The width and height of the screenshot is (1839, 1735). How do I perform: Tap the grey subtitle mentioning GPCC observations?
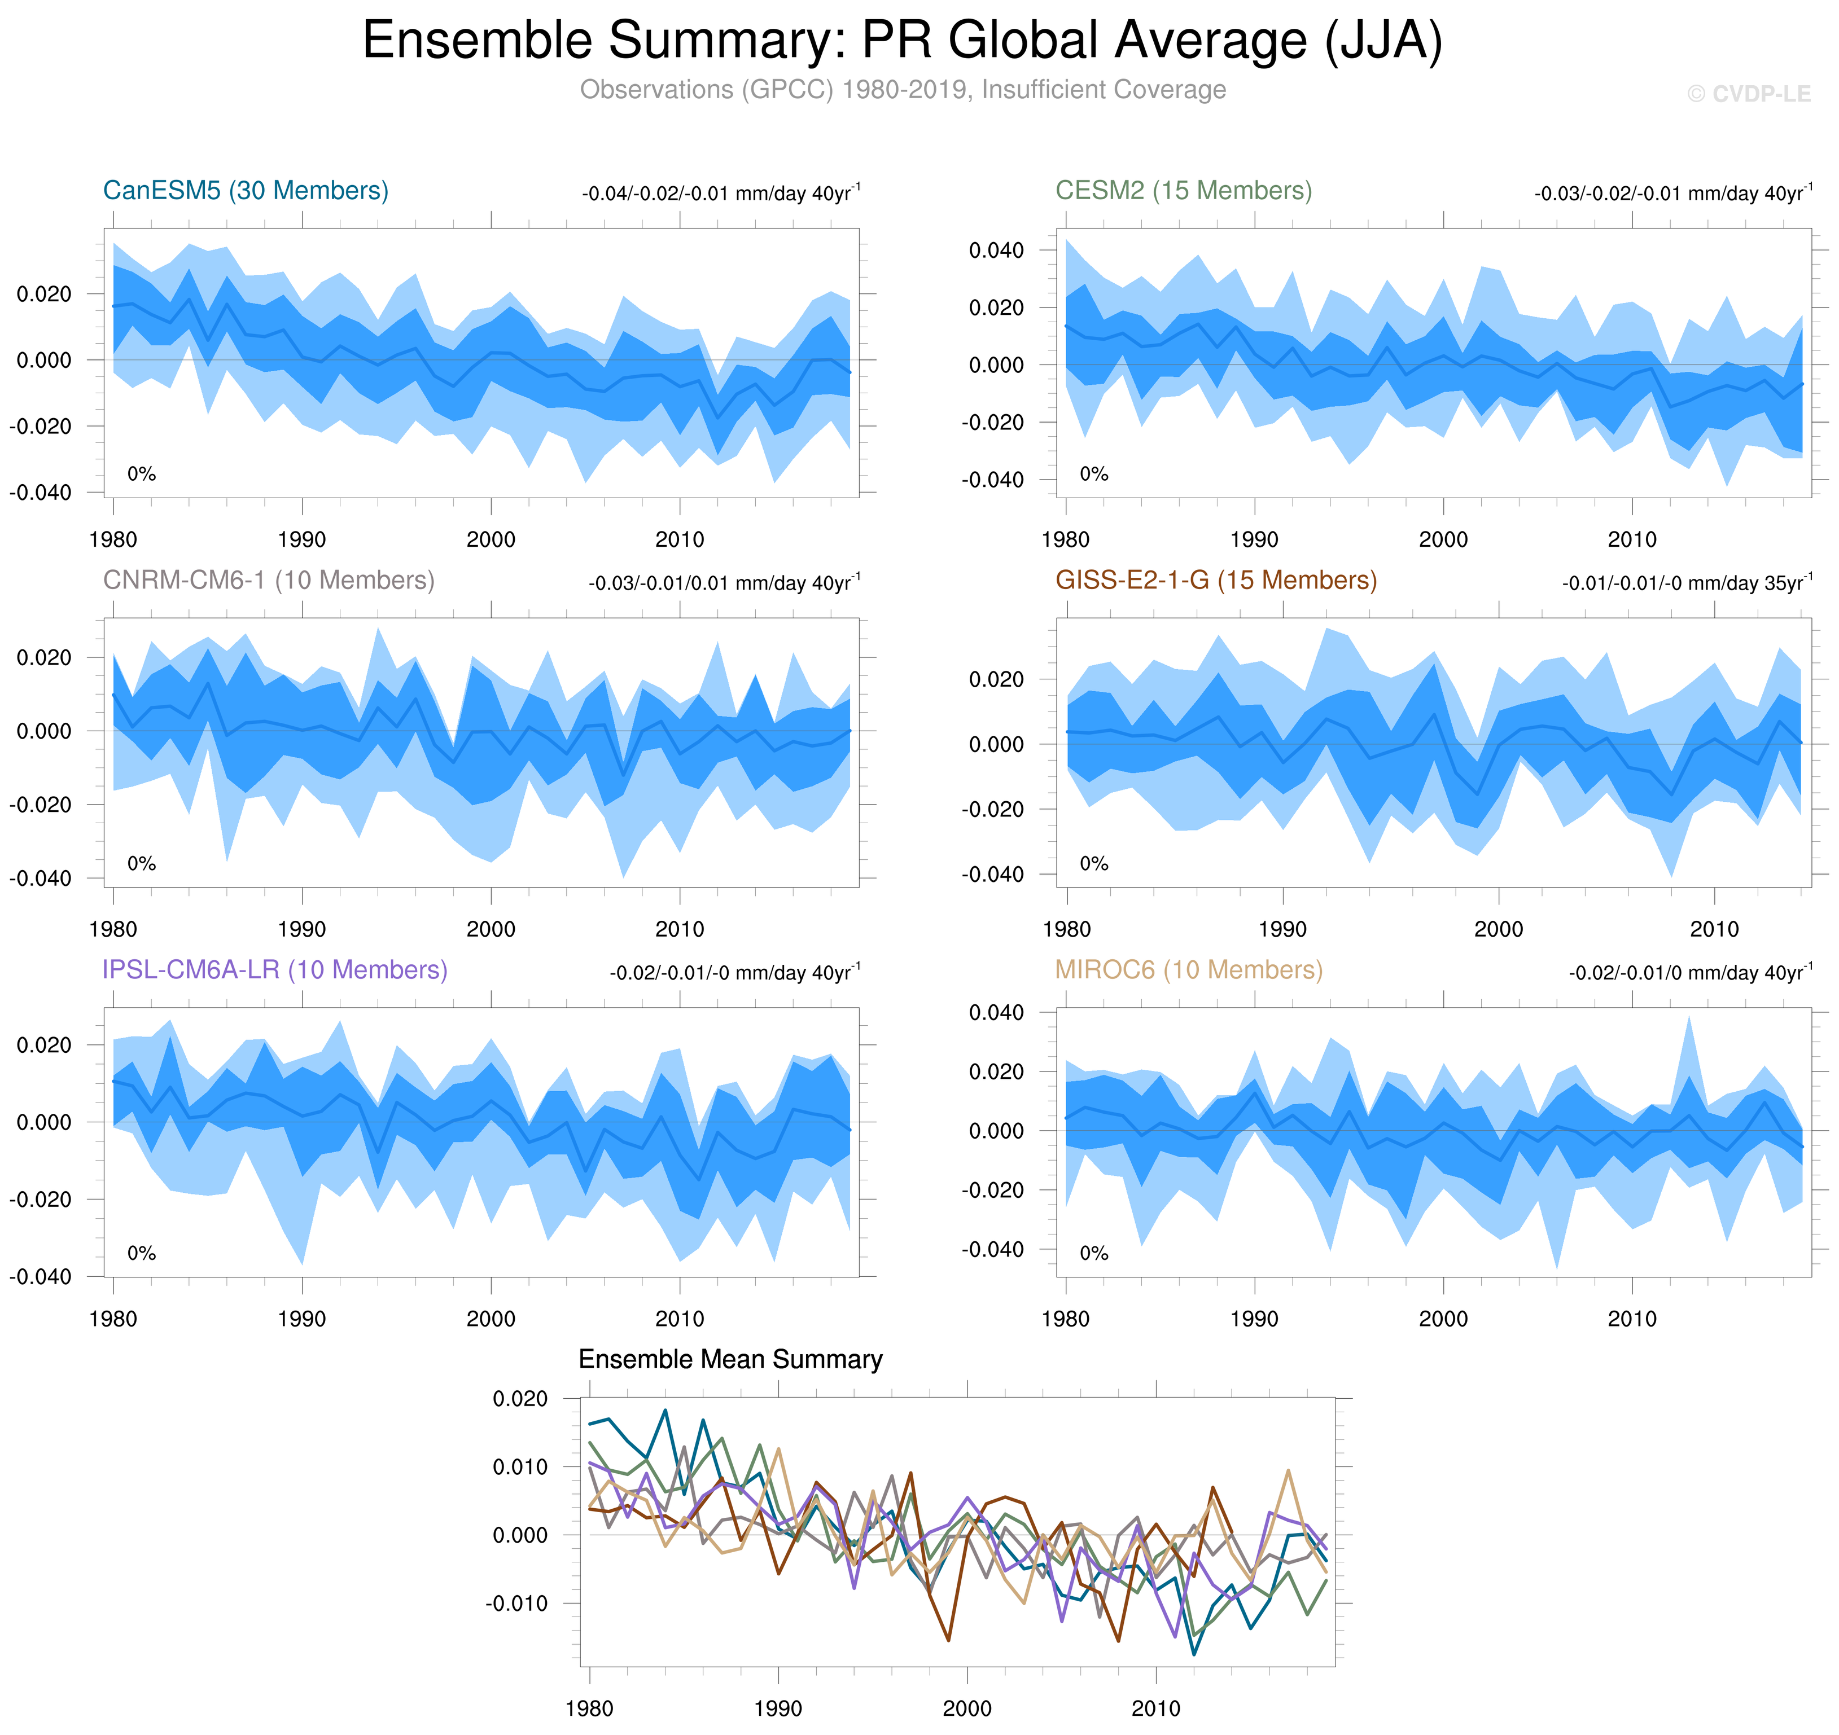click(x=902, y=90)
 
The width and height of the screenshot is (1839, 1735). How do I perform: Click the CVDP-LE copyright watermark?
click(x=1748, y=94)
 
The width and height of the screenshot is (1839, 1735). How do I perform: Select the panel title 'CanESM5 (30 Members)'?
click(x=245, y=191)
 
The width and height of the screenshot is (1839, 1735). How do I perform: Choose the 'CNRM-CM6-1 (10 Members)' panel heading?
click(x=268, y=580)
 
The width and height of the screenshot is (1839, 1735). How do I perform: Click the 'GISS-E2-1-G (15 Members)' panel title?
click(x=1215, y=580)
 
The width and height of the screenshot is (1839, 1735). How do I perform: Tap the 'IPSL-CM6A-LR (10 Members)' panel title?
click(x=275, y=969)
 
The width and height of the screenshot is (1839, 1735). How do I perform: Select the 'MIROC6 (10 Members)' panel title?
click(x=1189, y=969)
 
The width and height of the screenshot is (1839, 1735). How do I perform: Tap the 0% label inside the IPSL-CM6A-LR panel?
click(x=142, y=1253)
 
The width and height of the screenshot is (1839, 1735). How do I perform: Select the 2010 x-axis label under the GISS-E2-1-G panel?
click(x=1714, y=929)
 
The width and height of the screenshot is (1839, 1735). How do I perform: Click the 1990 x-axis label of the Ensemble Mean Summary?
click(x=778, y=1707)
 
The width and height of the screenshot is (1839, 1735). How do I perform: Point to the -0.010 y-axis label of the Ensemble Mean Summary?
click(x=516, y=1603)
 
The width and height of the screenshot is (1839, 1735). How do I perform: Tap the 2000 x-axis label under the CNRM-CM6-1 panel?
click(x=491, y=929)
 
